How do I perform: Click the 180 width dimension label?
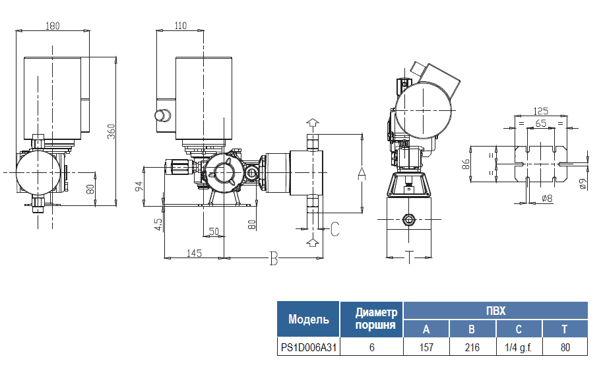(x=53, y=26)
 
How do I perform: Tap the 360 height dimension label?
(x=111, y=131)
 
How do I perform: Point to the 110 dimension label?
(x=180, y=25)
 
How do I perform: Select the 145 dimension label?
(x=194, y=253)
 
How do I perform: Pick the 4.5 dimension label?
(x=158, y=224)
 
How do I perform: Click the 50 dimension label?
(x=214, y=231)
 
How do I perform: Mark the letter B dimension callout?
(x=273, y=258)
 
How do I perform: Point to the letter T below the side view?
(x=410, y=257)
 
